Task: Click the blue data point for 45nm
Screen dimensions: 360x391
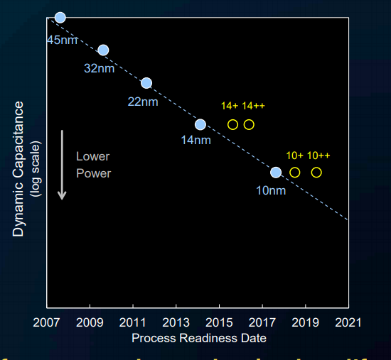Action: (x=60, y=17)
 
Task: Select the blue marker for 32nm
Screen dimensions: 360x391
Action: (x=103, y=50)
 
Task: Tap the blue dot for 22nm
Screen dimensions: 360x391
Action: (x=146, y=83)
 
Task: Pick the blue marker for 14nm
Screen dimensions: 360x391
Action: (x=200, y=124)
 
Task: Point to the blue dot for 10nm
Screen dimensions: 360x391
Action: (x=276, y=172)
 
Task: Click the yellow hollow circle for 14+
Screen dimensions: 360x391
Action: (x=232, y=124)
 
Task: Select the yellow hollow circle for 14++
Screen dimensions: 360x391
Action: (x=249, y=124)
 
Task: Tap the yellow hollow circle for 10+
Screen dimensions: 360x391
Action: (x=295, y=172)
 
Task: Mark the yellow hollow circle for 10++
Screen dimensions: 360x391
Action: (x=316, y=172)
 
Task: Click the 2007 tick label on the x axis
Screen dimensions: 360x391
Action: (x=47, y=322)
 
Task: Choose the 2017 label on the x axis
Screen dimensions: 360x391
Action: (x=262, y=322)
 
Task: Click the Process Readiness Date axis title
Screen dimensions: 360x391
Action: (x=199, y=338)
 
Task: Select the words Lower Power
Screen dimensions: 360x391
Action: (x=93, y=165)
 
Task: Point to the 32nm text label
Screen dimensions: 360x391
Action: (x=99, y=69)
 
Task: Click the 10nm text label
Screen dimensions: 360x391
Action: (x=271, y=190)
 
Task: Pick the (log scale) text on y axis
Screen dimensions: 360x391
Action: (x=36, y=168)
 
